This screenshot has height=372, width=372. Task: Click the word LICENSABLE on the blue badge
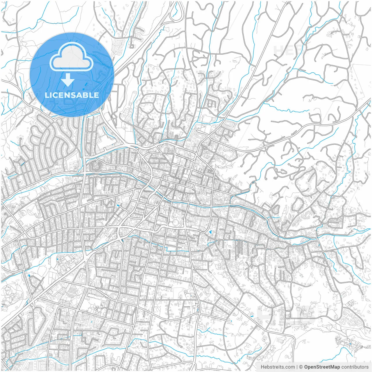tap(72, 95)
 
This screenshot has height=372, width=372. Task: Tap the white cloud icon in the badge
tap(71, 57)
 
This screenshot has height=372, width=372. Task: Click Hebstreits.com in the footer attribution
tap(278, 367)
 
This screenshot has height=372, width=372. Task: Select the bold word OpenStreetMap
tap(322, 367)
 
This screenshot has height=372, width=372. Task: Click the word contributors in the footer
tap(355, 367)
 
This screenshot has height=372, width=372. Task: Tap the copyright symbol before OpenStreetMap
tap(301, 367)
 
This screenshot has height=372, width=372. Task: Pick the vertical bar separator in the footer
tap(297, 367)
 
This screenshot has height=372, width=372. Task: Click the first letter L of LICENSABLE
tap(46, 95)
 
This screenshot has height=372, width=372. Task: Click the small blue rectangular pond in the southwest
tap(29, 274)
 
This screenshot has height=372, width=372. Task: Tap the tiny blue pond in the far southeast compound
tap(350, 344)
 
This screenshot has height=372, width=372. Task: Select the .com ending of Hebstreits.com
tap(290, 367)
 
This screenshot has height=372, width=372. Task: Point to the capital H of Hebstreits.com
tap(262, 367)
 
